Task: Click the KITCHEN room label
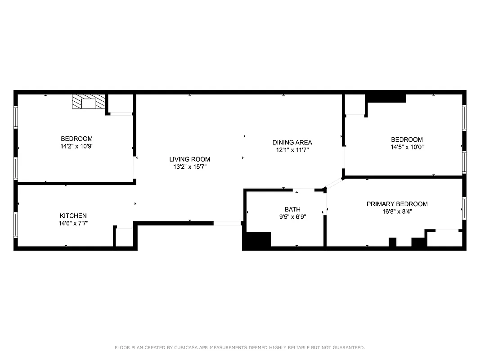pyautogui.click(x=73, y=216)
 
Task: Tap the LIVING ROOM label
pyautogui.click(x=189, y=159)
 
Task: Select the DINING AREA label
pyautogui.click(x=292, y=143)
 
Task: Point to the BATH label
pyautogui.click(x=292, y=209)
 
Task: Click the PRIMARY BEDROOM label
pyautogui.click(x=397, y=204)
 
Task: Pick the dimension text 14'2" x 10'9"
pyautogui.click(x=77, y=146)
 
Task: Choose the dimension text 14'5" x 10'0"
pyautogui.click(x=407, y=147)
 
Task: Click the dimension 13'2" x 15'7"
pyautogui.click(x=189, y=167)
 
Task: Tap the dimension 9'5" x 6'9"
pyautogui.click(x=292, y=216)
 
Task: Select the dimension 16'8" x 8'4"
pyautogui.click(x=397, y=211)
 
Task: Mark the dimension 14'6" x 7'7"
pyautogui.click(x=73, y=223)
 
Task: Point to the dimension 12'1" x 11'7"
pyautogui.click(x=292, y=150)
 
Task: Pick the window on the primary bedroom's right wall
pyautogui.click(x=464, y=207)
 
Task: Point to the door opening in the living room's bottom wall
pyautogui.click(x=227, y=223)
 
